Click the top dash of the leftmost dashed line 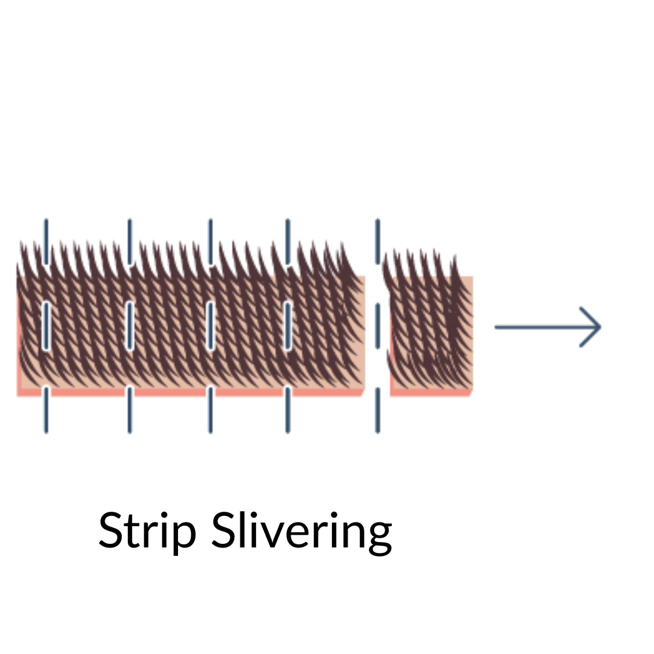coord(45,241)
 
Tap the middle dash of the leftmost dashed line coord(45,325)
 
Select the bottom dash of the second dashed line coord(129,410)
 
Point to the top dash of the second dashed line coord(129,241)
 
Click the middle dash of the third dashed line coord(210,325)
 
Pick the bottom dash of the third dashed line coord(210,410)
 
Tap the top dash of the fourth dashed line coord(288,241)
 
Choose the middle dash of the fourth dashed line coord(288,325)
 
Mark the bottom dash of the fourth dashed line coord(288,410)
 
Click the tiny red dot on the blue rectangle coord(580,317)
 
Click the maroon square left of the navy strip coord(483,397)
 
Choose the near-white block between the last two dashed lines coord(332,421)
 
